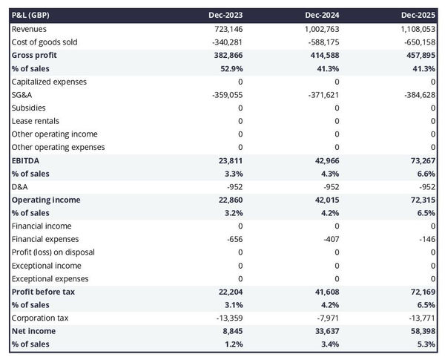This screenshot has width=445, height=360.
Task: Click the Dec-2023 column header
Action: [x=227, y=15]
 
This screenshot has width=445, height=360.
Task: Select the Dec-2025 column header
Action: [x=419, y=15]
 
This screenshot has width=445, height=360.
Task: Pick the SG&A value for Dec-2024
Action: [x=323, y=94]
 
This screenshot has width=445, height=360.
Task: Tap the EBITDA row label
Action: [x=25, y=160]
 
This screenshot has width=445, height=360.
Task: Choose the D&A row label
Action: [x=20, y=186]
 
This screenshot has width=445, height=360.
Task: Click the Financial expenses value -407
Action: [x=329, y=239]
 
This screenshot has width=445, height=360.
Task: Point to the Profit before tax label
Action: [x=43, y=292]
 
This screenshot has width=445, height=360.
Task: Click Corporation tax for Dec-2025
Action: [x=421, y=318]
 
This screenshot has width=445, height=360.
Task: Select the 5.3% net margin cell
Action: [x=426, y=344]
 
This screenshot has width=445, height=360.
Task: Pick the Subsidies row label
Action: [x=28, y=108]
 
